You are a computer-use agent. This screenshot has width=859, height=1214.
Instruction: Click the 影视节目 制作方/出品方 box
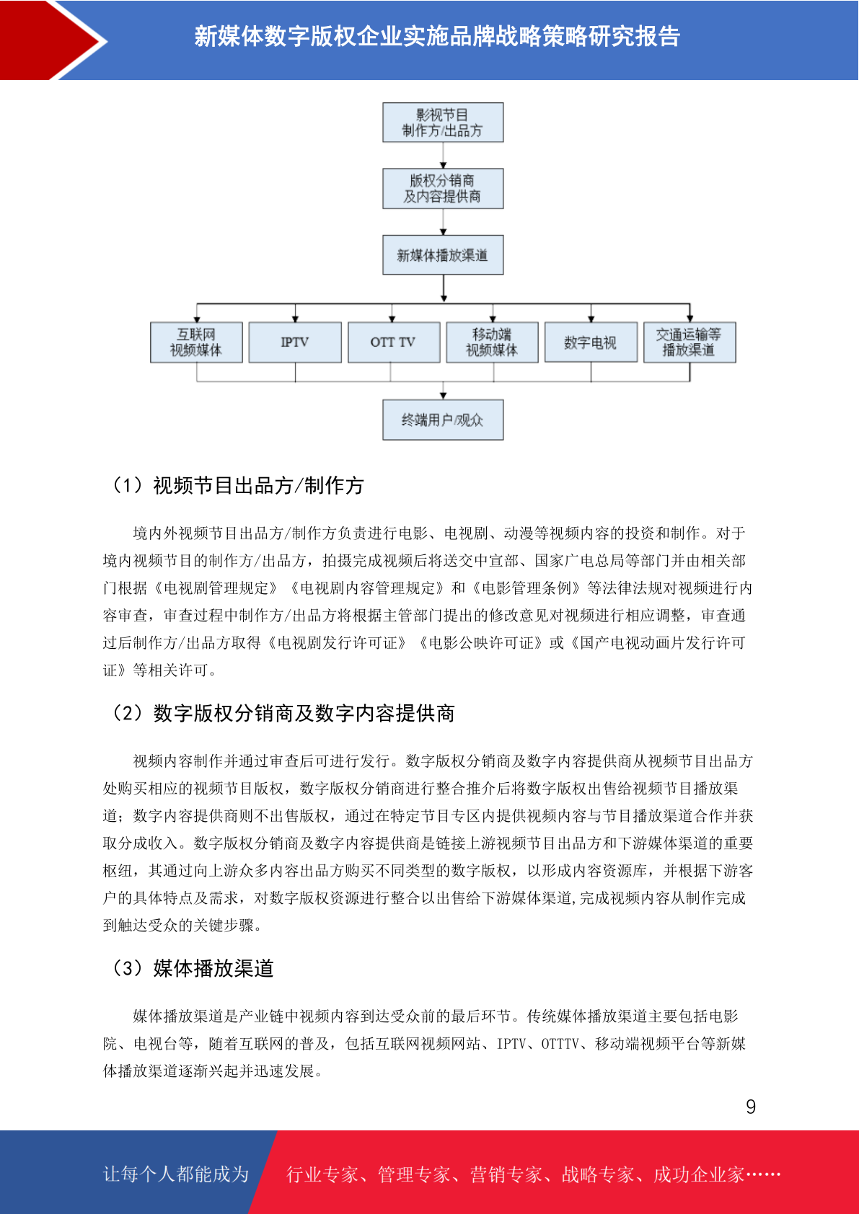(443, 123)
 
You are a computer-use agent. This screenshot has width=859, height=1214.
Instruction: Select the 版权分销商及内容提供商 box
(443, 189)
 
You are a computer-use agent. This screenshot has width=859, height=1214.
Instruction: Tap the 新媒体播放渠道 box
(443, 254)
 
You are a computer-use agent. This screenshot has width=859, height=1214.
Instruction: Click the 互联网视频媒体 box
(196, 342)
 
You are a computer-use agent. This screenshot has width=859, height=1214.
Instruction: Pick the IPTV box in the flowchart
(295, 342)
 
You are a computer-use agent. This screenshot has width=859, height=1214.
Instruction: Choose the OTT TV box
(394, 342)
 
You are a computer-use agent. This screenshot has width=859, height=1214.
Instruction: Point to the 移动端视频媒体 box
(492, 342)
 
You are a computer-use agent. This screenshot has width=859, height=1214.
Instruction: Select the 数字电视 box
(591, 342)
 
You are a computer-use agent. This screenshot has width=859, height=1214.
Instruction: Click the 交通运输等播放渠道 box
(690, 342)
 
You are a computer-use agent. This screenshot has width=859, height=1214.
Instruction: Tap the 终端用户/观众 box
(443, 420)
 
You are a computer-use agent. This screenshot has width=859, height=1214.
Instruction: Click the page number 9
(751, 1106)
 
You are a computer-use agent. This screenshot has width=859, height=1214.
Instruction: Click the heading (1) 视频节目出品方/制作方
(237, 486)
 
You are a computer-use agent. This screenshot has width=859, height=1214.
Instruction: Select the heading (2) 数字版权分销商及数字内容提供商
(282, 713)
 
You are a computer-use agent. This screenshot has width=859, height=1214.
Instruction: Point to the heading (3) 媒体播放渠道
(191, 968)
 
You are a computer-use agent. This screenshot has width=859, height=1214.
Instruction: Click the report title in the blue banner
(437, 37)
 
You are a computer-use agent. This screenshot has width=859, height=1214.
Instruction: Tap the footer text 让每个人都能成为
(176, 1174)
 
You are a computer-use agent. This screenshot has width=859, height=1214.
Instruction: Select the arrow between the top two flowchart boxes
(443, 156)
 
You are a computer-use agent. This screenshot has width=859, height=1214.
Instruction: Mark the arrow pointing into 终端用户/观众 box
(443, 391)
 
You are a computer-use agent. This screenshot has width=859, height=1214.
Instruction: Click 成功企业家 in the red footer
(698, 1174)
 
